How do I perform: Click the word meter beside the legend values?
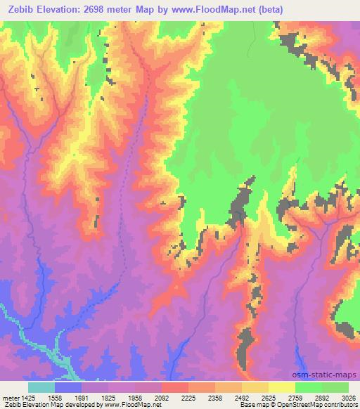click(11, 397)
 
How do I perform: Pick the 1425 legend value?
click(28, 397)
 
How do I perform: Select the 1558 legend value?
click(56, 397)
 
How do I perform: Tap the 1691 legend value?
click(82, 397)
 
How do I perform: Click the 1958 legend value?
click(136, 397)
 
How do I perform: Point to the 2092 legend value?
click(162, 397)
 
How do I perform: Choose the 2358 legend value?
click(215, 397)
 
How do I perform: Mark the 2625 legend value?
click(269, 397)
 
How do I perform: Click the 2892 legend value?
click(322, 397)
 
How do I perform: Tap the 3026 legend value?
click(348, 397)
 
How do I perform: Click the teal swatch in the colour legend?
click(41, 387)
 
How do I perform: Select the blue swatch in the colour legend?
click(68, 387)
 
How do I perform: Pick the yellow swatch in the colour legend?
click(282, 387)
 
